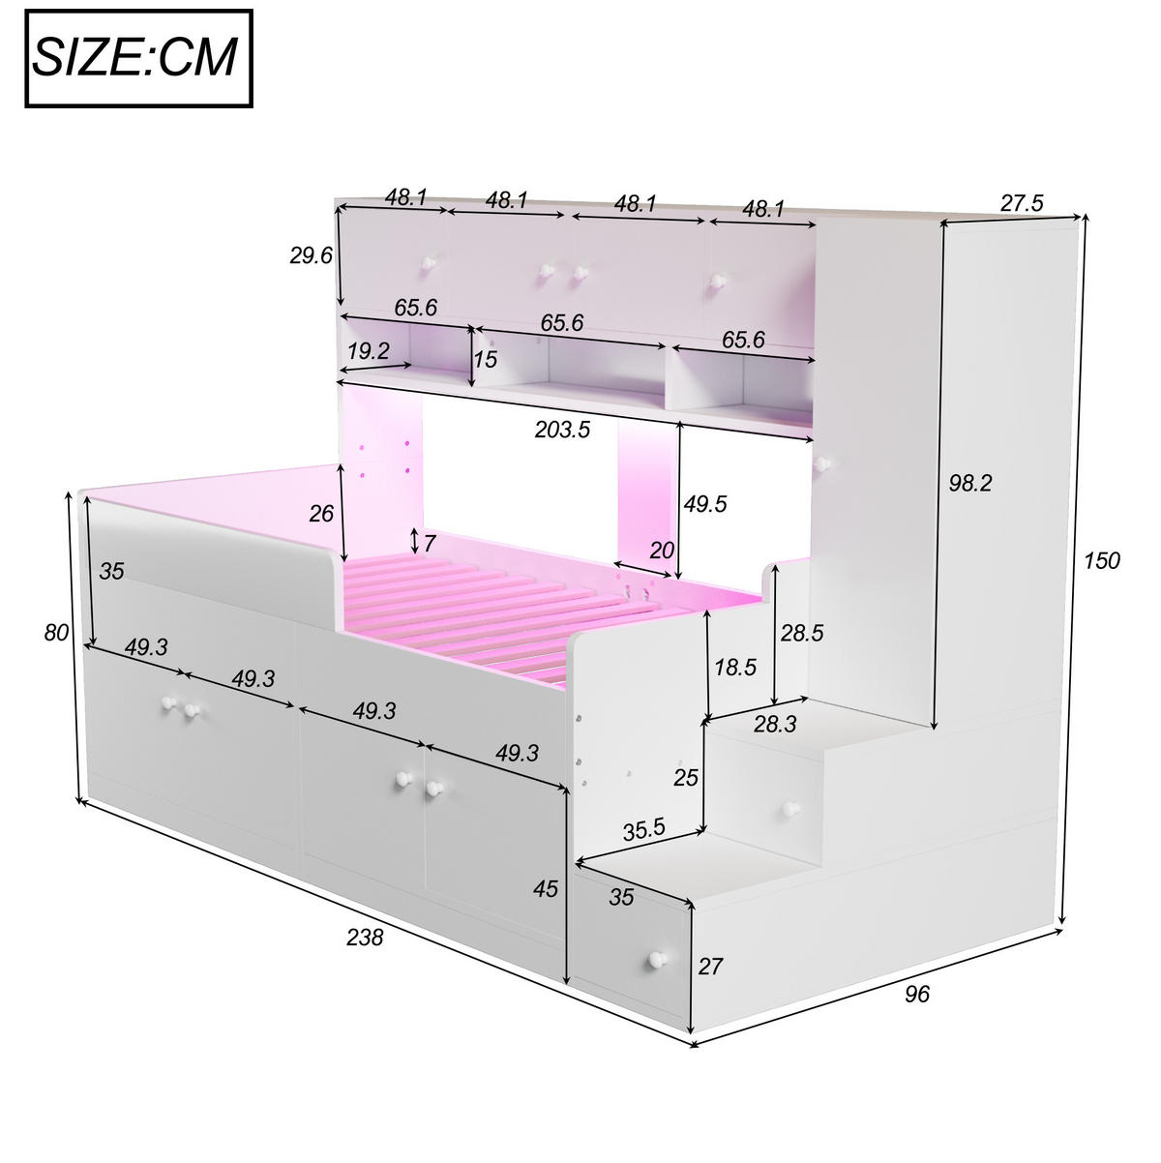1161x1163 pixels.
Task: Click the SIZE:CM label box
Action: click(138, 59)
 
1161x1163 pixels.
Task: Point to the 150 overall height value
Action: click(1101, 560)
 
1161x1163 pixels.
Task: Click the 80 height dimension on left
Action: click(56, 633)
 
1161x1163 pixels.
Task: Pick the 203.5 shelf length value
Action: click(562, 430)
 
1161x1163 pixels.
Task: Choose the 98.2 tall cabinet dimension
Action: click(969, 483)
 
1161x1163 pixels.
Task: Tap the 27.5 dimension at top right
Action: click(1021, 203)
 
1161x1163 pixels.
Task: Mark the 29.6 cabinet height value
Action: click(311, 255)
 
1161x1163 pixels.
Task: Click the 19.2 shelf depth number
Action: click(369, 350)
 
